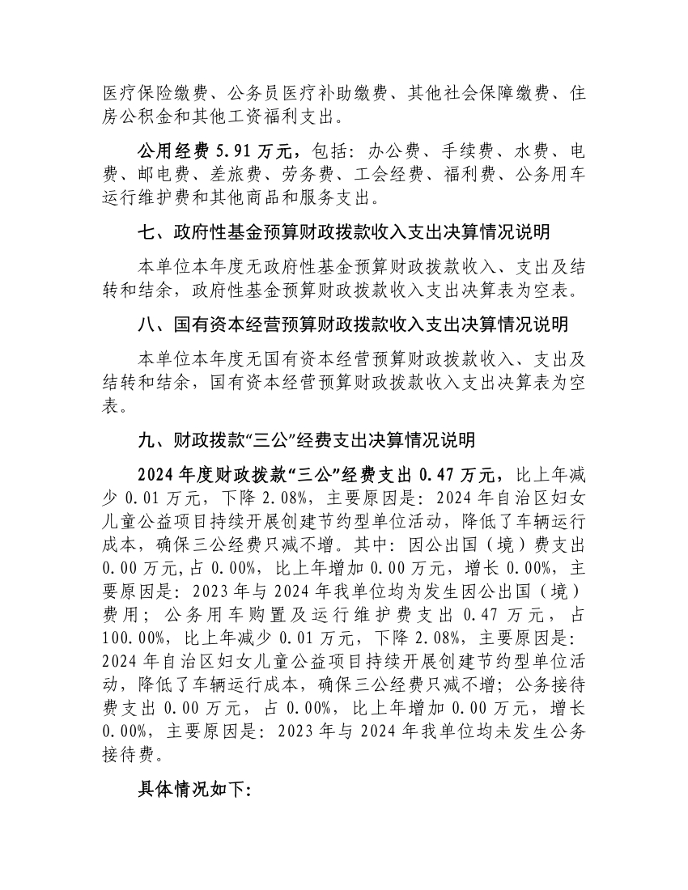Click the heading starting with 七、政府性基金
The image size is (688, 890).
345,233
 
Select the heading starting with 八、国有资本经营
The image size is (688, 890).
353,324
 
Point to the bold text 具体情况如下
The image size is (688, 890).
195,790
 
